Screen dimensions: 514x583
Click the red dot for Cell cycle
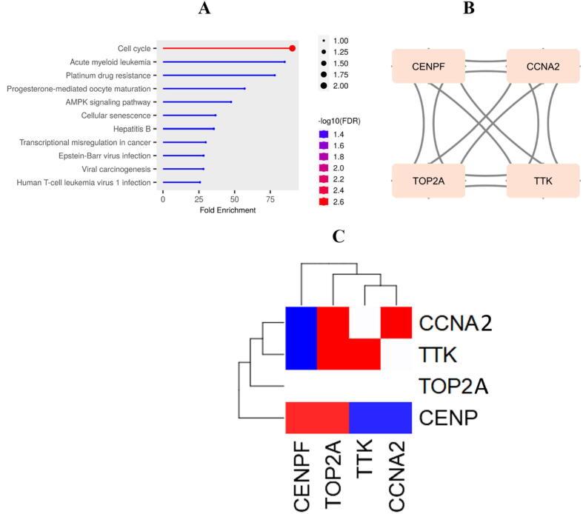pyautogui.click(x=293, y=48)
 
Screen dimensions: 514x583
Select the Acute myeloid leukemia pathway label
pyautogui.click(x=110, y=61)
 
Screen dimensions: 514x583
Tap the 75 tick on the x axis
pyautogui.click(x=270, y=199)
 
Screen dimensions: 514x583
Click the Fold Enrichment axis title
pyautogui.click(x=227, y=210)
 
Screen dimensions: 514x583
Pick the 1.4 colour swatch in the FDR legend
pyautogui.click(x=323, y=134)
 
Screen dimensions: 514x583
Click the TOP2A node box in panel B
pyautogui.click(x=427, y=180)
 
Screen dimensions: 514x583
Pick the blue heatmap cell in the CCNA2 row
pyautogui.click(x=301, y=323)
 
